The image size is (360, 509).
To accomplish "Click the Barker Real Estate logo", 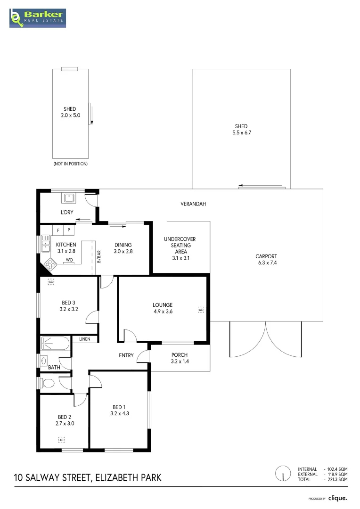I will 38,18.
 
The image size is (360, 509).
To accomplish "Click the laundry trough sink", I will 69,197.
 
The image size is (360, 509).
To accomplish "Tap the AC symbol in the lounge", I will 201,310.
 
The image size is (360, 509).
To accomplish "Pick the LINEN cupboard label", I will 85,339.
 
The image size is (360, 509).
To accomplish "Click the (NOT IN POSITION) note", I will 70,164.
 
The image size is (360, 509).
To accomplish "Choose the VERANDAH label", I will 193,204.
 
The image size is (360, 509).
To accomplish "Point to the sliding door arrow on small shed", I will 92,115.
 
